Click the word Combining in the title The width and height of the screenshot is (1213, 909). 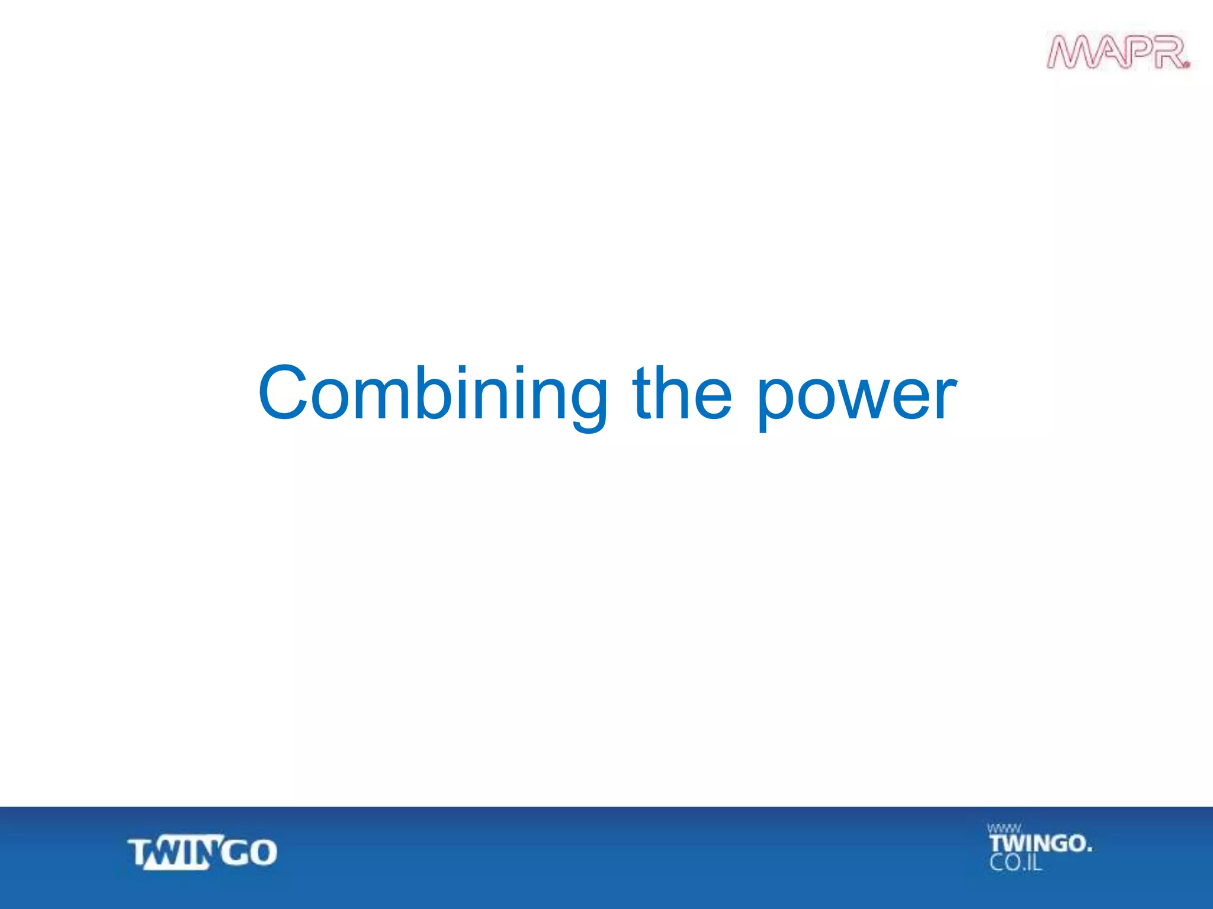click(433, 394)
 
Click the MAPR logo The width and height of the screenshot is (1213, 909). click(1117, 52)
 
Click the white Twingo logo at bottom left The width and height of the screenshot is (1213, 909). click(202, 853)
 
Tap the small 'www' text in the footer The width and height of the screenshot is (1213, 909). click(1003, 829)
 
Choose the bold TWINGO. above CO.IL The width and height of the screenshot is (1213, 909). click(1040, 843)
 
